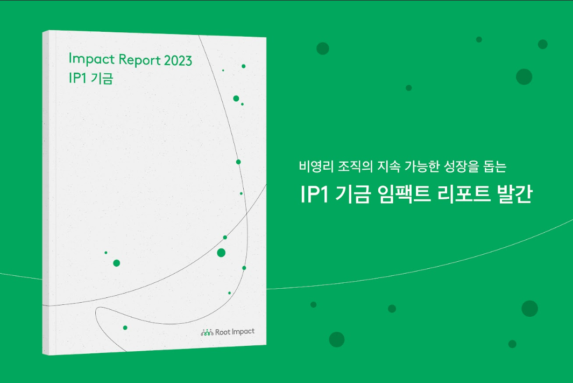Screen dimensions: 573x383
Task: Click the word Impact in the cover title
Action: click(91, 59)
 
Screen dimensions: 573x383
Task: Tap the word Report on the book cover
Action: click(140, 60)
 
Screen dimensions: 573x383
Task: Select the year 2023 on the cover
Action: click(178, 61)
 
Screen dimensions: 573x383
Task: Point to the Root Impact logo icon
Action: click(207, 332)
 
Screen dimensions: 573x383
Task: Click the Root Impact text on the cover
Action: click(235, 332)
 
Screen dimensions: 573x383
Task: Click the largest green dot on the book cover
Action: click(221, 253)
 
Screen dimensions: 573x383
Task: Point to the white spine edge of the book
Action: click(45, 193)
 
